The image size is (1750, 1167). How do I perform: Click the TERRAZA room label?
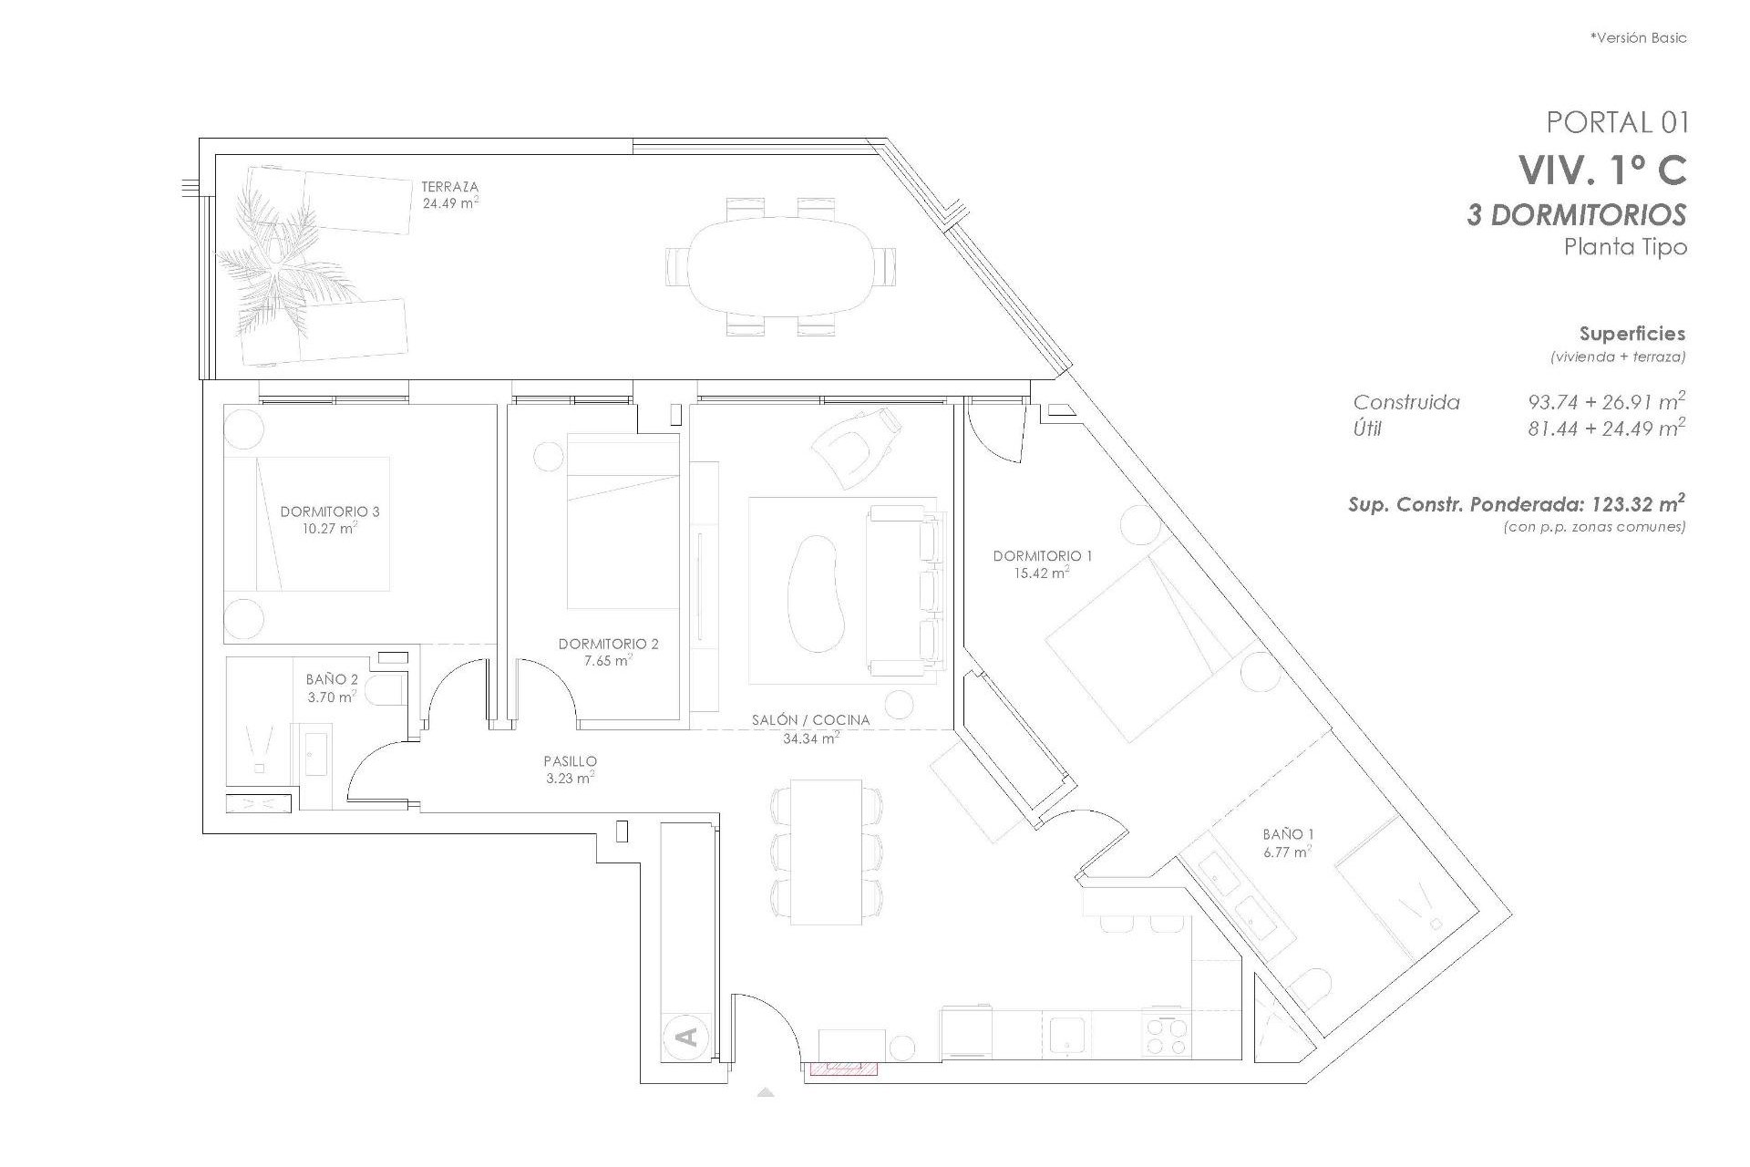(449, 187)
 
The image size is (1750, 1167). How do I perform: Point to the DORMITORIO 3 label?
(330, 511)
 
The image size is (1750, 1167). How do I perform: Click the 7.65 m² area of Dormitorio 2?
(608, 660)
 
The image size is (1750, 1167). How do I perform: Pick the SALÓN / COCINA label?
(810, 720)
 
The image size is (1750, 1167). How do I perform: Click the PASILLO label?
(570, 761)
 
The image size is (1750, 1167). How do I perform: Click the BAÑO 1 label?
(1288, 834)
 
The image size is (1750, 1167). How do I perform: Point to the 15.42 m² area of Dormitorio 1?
(1042, 573)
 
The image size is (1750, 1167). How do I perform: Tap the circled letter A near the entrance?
(688, 1037)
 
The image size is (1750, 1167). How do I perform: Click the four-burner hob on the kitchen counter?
(1167, 1034)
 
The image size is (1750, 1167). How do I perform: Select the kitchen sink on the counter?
(1065, 1033)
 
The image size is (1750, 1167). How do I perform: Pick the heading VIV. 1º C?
(1601, 170)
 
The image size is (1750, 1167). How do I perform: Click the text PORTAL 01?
(1617, 121)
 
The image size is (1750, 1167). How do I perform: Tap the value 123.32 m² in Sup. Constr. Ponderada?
(1637, 504)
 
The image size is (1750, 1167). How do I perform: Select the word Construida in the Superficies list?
(1405, 402)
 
